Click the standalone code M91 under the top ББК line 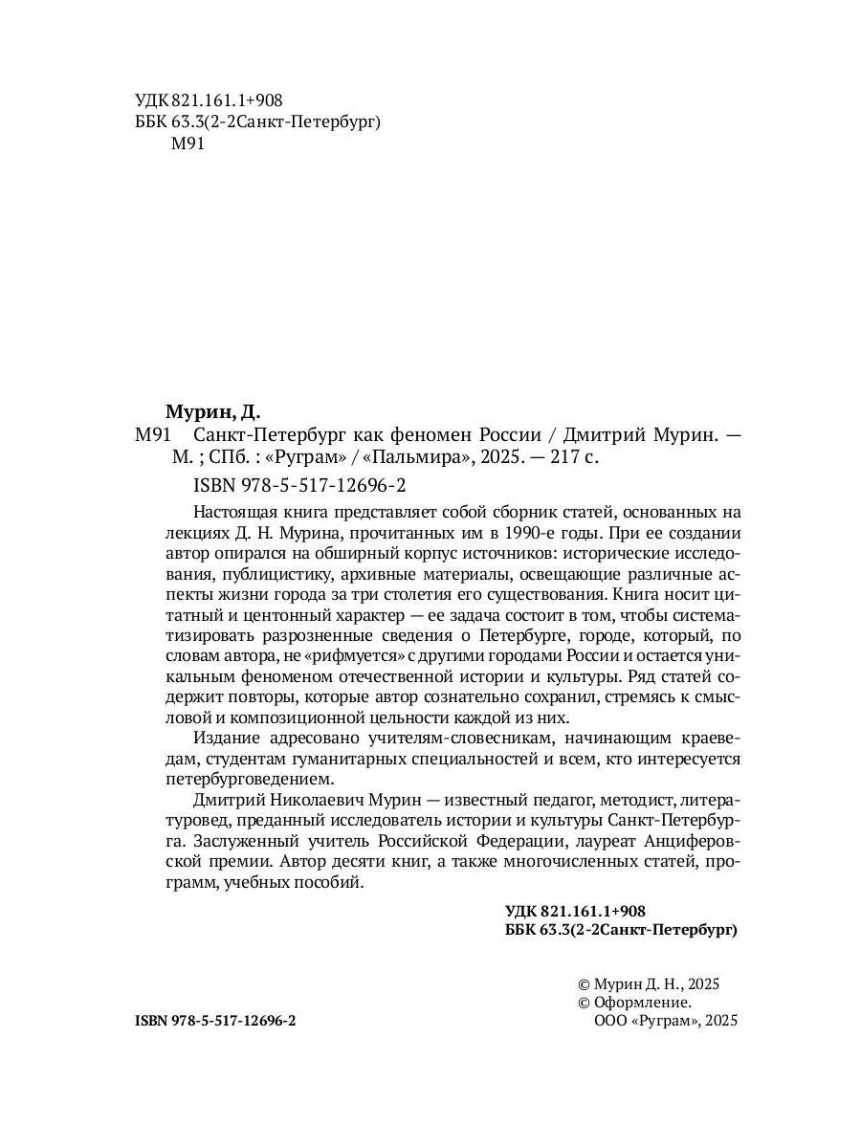coord(188,144)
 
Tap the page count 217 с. coord(572,457)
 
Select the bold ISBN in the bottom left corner coord(216,1022)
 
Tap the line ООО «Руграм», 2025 coord(667,1022)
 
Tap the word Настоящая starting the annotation coord(234,513)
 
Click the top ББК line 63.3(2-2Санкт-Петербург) coord(254,122)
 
